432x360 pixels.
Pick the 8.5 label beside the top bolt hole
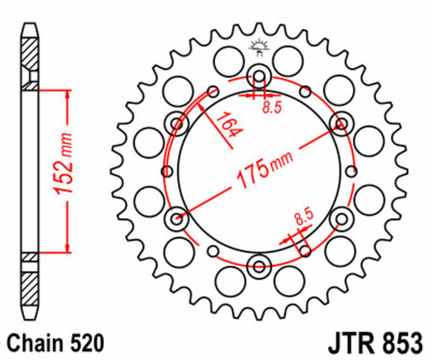(272, 106)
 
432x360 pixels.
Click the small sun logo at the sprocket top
(258, 48)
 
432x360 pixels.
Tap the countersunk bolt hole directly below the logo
(259, 76)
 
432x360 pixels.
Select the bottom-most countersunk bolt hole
(259, 266)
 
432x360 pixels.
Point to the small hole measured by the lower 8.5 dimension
(306, 250)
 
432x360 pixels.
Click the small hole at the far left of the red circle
(167, 171)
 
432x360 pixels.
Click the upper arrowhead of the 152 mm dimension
(67, 95)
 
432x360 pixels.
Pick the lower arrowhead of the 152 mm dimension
(67, 248)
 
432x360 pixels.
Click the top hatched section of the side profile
(30, 54)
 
